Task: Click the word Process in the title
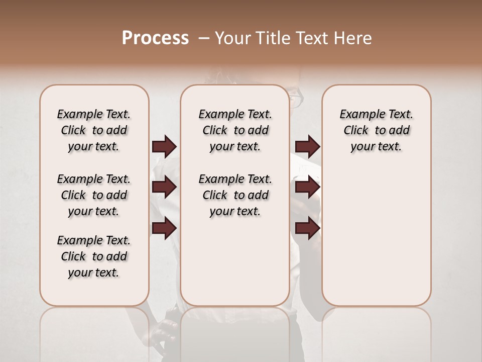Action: coord(155,38)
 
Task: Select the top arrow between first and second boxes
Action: coord(164,146)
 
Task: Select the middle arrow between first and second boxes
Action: coord(164,187)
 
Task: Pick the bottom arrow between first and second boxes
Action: coord(164,228)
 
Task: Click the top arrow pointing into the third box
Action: coord(307,146)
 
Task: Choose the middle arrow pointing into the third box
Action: coord(307,187)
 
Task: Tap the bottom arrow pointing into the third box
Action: coord(307,228)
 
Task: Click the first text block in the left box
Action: coord(94,130)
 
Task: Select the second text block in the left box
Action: coord(94,195)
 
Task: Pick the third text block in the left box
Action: coord(94,256)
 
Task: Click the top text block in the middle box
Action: coord(235,130)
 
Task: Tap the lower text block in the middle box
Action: coord(235,195)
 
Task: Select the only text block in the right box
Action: coord(376,130)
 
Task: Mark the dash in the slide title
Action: coord(204,38)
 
